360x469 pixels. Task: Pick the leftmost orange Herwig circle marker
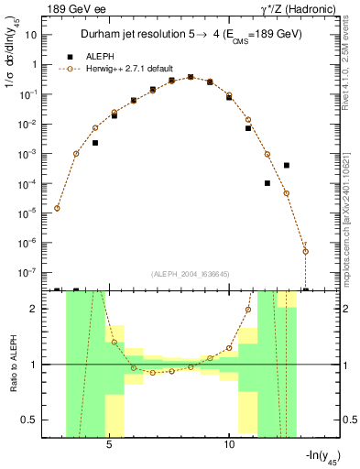[x=57, y=208]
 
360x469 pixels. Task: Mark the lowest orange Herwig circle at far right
[x=305, y=251]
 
